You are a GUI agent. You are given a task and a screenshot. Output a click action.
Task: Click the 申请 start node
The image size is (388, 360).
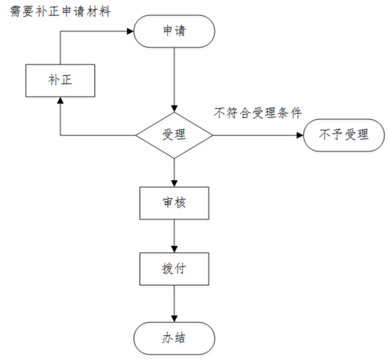[174, 31]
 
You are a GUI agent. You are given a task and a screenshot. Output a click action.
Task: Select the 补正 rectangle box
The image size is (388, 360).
[60, 81]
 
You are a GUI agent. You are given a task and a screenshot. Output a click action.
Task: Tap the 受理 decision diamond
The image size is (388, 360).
[174, 135]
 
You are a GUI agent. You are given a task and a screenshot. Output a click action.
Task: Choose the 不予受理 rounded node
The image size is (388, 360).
[344, 135]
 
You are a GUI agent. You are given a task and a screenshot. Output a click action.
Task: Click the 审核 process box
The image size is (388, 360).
[174, 203]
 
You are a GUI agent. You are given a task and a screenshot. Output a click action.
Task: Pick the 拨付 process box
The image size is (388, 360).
[174, 269]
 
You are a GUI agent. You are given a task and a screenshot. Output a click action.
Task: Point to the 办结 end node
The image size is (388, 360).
[174, 338]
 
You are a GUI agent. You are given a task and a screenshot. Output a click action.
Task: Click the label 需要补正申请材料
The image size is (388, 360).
[60, 11]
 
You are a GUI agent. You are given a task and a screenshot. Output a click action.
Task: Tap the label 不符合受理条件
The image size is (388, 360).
[258, 113]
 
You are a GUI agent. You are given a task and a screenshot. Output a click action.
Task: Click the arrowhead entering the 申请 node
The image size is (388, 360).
[130, 31]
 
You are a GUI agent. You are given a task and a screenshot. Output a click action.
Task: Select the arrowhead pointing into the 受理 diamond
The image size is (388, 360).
[174, 109]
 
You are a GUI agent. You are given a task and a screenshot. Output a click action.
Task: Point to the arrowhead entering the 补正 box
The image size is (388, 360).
[60, 100]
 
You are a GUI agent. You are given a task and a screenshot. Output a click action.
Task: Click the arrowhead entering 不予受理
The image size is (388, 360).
[300, 135]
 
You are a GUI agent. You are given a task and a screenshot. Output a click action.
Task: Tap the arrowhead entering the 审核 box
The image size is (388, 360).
[174, 183]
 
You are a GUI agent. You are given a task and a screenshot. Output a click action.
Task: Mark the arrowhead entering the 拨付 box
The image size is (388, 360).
[174, 249]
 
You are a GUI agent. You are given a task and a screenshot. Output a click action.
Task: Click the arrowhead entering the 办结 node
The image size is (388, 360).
[174, 319]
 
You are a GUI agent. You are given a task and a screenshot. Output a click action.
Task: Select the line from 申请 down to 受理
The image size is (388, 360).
[174, 80]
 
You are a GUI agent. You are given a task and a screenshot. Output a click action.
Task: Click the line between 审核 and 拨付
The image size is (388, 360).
[174, 236]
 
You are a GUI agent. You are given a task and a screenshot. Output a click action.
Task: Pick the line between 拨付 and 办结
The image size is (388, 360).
[174, 304]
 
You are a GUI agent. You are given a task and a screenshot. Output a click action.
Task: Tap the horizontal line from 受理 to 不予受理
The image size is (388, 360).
[258, 135]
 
